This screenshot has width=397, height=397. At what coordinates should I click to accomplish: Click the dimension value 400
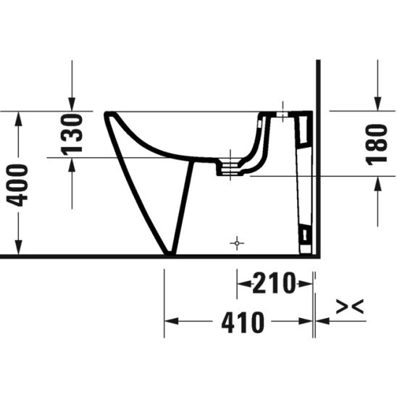point(22,185)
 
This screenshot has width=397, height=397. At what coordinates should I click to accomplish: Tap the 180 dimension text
point(376,143)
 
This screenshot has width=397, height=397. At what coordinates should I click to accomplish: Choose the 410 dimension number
point(242,322)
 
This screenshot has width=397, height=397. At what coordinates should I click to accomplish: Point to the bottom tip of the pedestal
point(170,254)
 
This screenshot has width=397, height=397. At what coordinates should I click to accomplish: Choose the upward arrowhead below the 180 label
point(376,184)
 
